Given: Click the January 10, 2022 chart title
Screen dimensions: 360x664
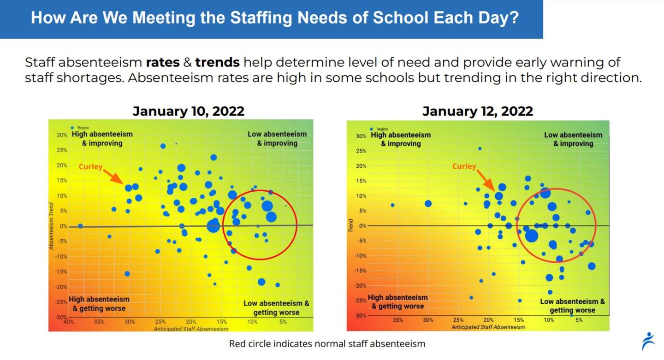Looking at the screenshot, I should [x=188, y=111].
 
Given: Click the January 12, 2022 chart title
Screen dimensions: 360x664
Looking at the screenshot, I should [x=478, y=111].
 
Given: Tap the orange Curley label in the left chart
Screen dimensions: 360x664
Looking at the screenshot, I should [x=90, y=167].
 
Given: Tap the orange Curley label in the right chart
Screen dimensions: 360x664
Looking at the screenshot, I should [x=464, y=166].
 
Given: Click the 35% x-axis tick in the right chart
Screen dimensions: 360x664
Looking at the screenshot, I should [x=397, y=320].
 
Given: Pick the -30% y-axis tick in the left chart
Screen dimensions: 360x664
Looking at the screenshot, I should [x=61, y=317].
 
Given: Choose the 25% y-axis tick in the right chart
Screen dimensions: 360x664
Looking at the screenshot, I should [x=361, y=151].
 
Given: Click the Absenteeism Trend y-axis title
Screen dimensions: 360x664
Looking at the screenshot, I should [x=52, y=228].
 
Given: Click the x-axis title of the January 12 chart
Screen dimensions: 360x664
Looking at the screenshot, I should [x=488, y=327].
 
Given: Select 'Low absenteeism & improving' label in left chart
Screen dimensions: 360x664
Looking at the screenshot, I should [x=277, y=139].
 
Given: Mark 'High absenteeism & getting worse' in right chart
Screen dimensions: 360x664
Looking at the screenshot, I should [x=397, y=302].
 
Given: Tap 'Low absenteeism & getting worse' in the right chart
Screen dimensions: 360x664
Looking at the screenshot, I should [x=572, y=306].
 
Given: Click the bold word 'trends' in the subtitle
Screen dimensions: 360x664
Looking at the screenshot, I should [x=217, y=62].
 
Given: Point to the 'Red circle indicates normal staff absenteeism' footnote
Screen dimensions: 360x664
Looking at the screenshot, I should [x=327, y=343].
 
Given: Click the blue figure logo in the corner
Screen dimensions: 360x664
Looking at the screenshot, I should [x=648, y=341].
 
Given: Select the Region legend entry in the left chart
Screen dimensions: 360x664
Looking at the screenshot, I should [x=81, y=128].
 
